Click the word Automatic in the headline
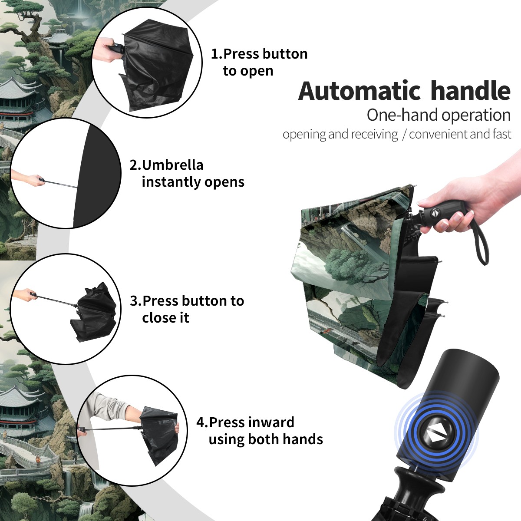(x=359, y=91)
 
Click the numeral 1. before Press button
(x=217, y=54)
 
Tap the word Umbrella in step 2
(x=172, y=165)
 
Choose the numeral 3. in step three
(x=136, y=301)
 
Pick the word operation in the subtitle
(x=476, y=115)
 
